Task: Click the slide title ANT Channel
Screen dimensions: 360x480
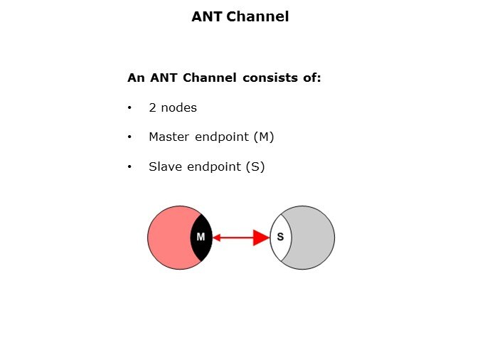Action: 240,16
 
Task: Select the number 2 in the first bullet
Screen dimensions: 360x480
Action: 152,108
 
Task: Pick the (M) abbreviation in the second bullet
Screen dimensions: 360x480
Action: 264,137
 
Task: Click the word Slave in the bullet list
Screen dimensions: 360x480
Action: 164,167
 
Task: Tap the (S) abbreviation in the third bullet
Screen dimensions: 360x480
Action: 255,167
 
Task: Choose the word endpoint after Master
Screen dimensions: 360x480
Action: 220,137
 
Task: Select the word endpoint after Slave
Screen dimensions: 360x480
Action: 211,167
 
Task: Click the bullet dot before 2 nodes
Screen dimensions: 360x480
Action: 130,108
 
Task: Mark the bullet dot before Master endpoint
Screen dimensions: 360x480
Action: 130,137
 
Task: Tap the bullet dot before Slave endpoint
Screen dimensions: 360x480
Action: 130,167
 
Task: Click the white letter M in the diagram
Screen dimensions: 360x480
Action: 201,237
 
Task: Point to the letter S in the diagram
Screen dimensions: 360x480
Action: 279,237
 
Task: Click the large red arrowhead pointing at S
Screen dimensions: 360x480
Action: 262,238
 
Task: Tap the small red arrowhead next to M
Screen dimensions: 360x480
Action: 216,238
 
